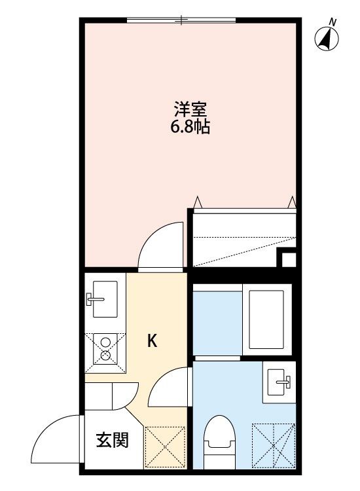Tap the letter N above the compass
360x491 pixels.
[x=333, y=22]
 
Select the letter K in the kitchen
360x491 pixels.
[x=152, y=340]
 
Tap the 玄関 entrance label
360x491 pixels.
[x=113, y=439]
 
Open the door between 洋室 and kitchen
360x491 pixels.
[x=160, y=245]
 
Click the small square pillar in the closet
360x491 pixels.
[x=287, y=257]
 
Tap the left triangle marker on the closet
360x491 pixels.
[x=196, y=202]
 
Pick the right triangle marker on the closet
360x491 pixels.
[x=291, y=202]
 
